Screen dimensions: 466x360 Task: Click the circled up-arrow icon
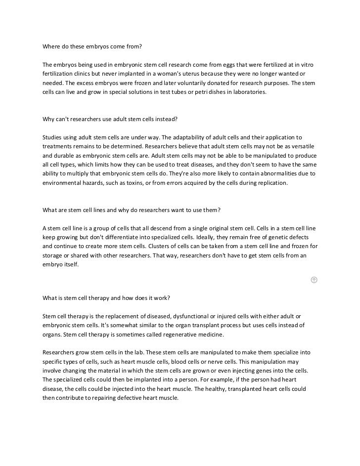tap(314, 280)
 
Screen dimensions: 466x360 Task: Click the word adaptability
tap(184, 137)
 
